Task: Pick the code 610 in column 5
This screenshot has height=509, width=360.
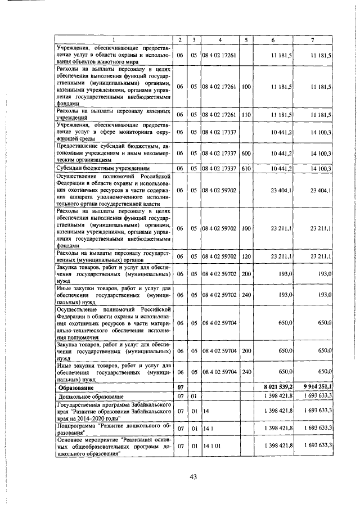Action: pos(246,168)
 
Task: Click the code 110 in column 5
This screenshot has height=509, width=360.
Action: pos(246,114)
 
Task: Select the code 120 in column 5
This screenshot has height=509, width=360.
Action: pos(246,256)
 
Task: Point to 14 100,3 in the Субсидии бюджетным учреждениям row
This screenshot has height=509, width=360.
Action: pos(321,168)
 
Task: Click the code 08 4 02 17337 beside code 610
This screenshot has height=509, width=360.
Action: pos(220,168)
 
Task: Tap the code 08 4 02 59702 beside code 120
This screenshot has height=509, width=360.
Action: pos(220,256)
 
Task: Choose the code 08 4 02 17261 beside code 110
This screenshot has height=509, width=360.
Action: pos(220,114)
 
